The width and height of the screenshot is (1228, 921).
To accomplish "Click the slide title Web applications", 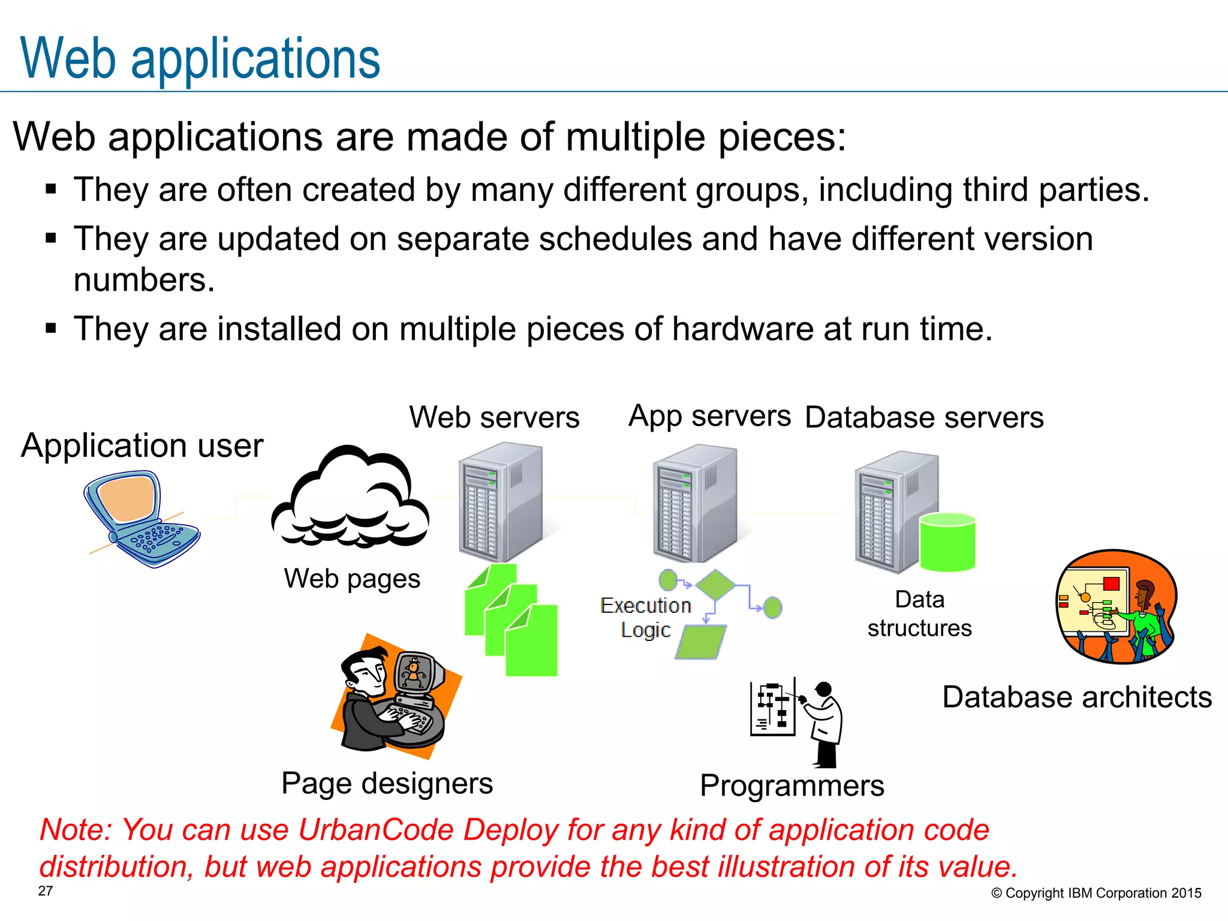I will tap(200, 58).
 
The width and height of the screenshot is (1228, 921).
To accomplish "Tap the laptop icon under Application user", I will tap(141, 519).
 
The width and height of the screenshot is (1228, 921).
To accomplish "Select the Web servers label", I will tap(494, 417).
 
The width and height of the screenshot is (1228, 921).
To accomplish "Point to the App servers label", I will tap(709, 416).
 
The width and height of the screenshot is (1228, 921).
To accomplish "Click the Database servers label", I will tap(923, 417).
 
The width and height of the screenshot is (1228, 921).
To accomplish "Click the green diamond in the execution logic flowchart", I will tap(715, 584).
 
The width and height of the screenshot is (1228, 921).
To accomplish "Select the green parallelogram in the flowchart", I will tap(701, 642).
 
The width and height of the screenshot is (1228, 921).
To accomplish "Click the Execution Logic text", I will tap(646, 618).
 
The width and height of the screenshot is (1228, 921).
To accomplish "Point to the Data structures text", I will tap(919, 613).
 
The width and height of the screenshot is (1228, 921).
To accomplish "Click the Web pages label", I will tap(352, 579).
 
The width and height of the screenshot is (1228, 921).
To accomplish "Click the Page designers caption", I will tap(387, 783).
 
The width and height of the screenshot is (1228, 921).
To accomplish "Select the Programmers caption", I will tap(791, 785).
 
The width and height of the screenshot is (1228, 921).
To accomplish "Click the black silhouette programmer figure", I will tap(825, 726).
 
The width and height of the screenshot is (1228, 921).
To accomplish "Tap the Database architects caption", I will tap(1077, 697).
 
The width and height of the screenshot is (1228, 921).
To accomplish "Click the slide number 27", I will tap(46, 891).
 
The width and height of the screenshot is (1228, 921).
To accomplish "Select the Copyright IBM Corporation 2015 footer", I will tap(1096, 893).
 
